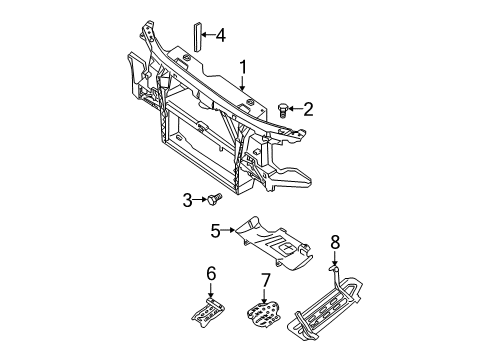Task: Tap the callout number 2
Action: tap(308, 109)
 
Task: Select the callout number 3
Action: tap(188, 201)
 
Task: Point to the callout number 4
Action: tap(220, 35)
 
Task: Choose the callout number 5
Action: tap(216, 231)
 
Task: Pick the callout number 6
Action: tap(211, 274)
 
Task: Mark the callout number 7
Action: tap(265, 280)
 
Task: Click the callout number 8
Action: tap(335, 242)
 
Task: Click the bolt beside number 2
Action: tap(282, 110)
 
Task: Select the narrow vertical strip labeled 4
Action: tap(198, 37)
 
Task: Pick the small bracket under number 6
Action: tap(208, 313)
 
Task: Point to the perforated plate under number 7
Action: tap(263, 314)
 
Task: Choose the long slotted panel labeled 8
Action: tap(327, 303)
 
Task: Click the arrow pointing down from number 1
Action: tap(243, 83)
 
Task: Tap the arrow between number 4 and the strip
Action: tap(208, 34)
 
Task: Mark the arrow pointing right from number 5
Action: tap(229, 230)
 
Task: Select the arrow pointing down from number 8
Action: tap(335, 259)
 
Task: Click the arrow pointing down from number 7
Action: tap(264, 296)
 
